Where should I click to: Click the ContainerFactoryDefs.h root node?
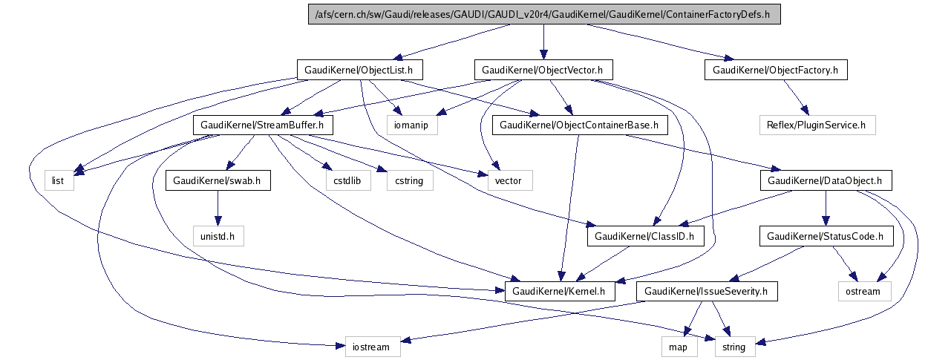[x=544, y=14]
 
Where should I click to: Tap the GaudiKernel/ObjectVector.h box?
[x=542, y=70]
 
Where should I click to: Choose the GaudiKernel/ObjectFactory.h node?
[x=775, y=70]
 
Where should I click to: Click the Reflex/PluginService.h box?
[x=817, y=125]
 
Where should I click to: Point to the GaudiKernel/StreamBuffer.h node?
[x=263, y=125]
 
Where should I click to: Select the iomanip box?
[x=412, y=125]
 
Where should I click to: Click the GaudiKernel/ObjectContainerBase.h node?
[x=579, y=125]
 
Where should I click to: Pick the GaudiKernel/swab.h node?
[x=218, y=180]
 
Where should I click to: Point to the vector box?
[x=509, y=180]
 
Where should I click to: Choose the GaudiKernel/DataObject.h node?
[x=825, y=180]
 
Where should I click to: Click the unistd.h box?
[x=217, y=237]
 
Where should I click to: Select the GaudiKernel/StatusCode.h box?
[x=825, y=237]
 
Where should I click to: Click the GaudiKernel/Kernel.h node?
[x=561, y=292]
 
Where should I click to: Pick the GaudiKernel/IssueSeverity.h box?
[x=707, y=292]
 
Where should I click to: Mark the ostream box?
[x=864, y=292]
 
